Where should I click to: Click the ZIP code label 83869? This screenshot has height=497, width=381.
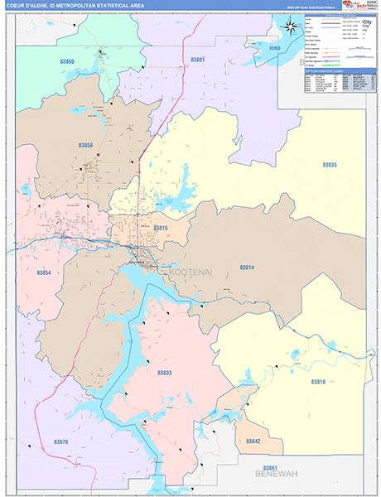[67, 62]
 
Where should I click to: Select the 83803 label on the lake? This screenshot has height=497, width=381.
[275, 49]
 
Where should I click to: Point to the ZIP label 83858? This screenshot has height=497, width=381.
[86, 146]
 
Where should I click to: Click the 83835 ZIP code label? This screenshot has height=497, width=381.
[329, 166]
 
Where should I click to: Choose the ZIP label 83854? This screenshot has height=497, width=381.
[45, 273]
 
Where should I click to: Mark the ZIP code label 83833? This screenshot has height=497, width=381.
[166, 374]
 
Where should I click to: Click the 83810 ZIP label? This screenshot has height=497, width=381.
[319, 382]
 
